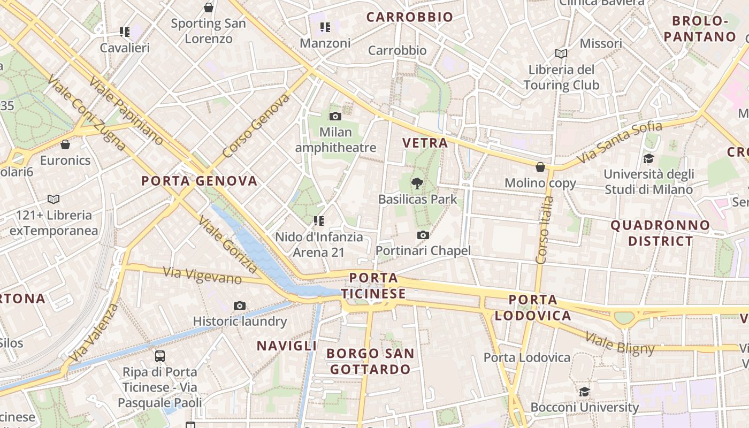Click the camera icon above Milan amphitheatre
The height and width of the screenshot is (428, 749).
coord(335,117)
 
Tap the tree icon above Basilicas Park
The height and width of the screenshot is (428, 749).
coord(417,184)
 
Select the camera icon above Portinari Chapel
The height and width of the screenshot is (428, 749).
coord(423,235)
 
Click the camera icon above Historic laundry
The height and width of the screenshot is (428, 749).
coord(240,306)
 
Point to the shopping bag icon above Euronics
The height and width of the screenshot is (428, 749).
coord(65,144)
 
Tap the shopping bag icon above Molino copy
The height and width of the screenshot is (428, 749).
coord(540,167)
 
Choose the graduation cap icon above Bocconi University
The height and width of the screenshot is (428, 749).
coord(584,392)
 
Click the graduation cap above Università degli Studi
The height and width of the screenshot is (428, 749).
coord(648,158)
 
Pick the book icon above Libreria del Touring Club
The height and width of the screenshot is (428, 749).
coord(561,54)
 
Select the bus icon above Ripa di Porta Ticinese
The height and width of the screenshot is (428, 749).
coord(159,356)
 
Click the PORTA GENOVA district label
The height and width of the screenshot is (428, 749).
coord(199,181)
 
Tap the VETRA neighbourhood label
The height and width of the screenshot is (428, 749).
coord(425,143)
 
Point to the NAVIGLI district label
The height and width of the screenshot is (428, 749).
coord(287,346)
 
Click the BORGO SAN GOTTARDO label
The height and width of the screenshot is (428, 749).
coord(370,361)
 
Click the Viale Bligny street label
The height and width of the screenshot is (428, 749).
coord(620,342)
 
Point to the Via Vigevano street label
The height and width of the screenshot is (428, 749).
coord(202,276)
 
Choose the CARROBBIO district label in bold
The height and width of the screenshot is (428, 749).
coord(410,17)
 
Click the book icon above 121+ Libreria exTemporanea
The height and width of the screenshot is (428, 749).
coord(53,200)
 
